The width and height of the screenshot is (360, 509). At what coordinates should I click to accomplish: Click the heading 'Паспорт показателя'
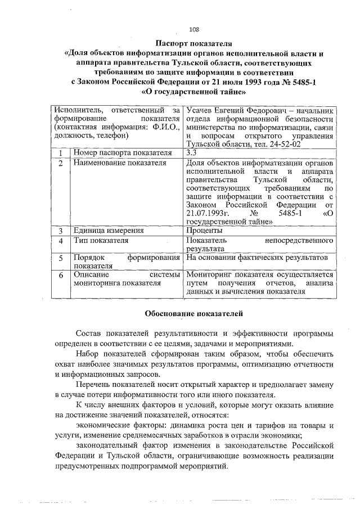click(x=195, y=43)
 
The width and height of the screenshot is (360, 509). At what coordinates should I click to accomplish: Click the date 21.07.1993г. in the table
click(x=208, y=213)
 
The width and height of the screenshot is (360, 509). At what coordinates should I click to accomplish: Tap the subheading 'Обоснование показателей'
click(x=194, y=312)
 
